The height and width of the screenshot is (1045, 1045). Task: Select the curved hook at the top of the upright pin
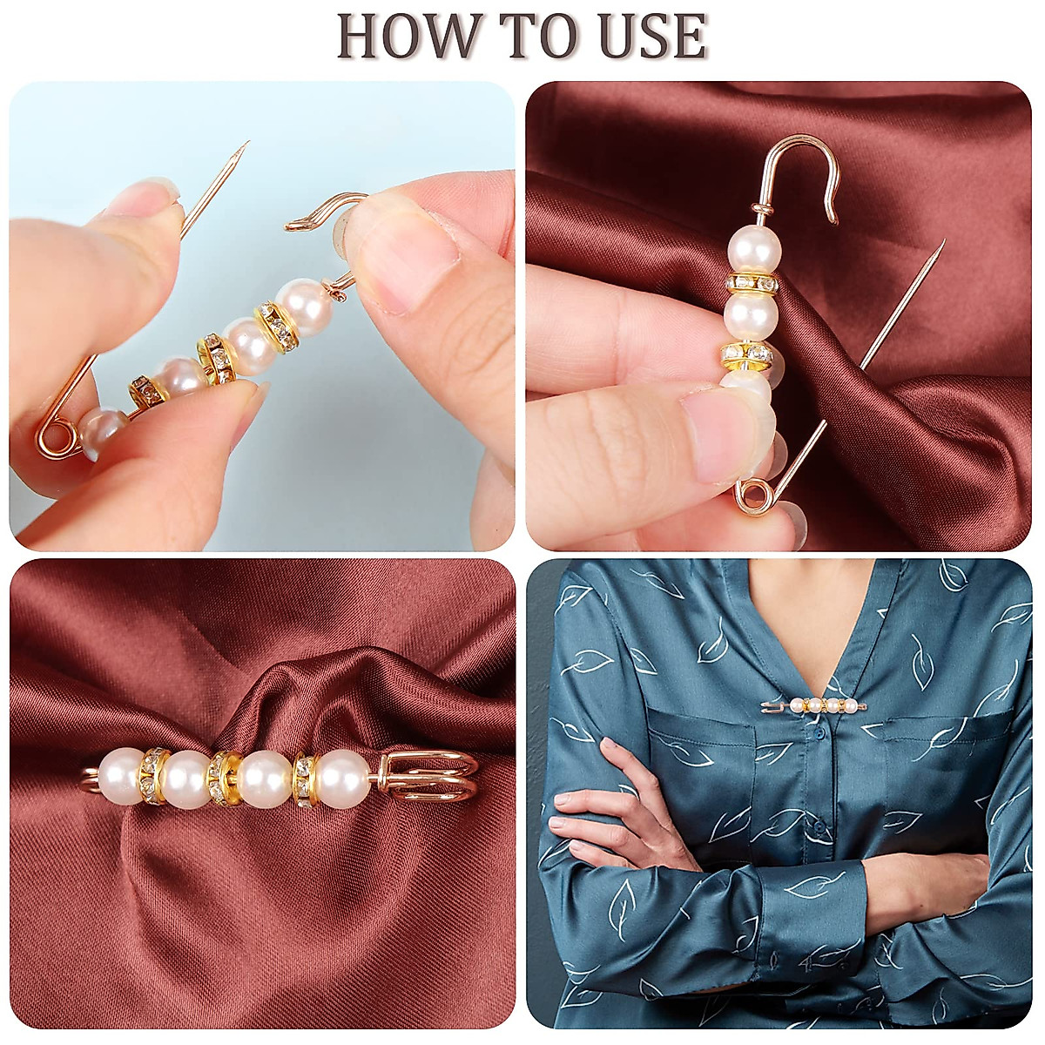click(x=810, y=165)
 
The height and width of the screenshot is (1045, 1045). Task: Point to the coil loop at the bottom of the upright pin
click(x=752, y=496)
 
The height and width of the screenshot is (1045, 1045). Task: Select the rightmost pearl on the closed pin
click(x=342, y=778)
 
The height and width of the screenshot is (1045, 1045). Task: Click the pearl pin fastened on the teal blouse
click(x=814, y=705)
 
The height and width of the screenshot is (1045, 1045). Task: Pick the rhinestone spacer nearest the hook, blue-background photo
click(x=277, y=326)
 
